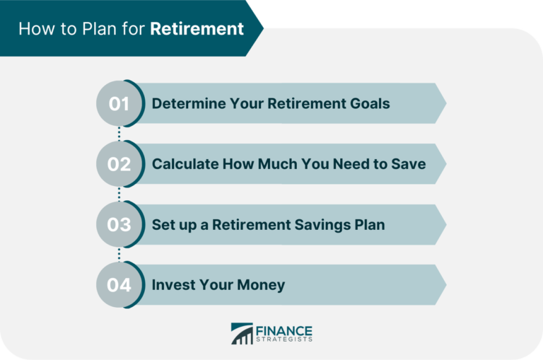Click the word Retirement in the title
pos(197,29)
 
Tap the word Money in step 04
pos(259,285)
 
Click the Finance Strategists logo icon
pos(242,334)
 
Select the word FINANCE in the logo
pos(285,330)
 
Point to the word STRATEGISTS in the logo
pos(285,339)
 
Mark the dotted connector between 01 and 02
pos(119,134)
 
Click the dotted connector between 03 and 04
pos(119,255)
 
